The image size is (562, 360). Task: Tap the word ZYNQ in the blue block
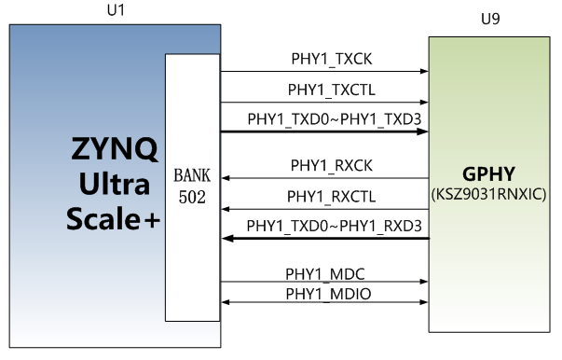(115, 149)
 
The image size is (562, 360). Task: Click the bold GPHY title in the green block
(488, 175)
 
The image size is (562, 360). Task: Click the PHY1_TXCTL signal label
(324, 90)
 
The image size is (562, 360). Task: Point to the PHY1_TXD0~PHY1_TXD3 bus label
(324, 119)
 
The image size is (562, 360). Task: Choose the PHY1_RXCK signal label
(324, 167)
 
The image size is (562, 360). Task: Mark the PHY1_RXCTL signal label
(324, 197)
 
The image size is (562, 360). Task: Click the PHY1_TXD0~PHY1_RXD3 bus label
(324, 227)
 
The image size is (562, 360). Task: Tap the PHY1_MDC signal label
(324, 273)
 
